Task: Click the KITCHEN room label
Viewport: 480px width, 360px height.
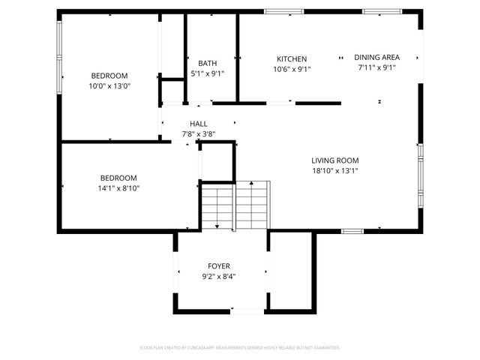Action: click(x=292, y=58)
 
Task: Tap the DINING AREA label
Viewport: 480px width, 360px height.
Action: click(x=376, y=57)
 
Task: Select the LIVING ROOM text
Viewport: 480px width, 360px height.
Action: click(x=335, y=160)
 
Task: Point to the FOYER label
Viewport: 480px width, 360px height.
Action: click(x=219, y=266)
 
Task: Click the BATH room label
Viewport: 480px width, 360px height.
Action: click(x=207, y=63)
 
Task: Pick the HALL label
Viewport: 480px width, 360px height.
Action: click(x=199, y=124)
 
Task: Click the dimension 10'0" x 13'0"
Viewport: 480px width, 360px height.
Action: click(x=109, y=85)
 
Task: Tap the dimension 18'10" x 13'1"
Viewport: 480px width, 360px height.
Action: click(x=335, y=170)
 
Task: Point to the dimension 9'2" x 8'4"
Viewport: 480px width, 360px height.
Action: click(x=219, y=277)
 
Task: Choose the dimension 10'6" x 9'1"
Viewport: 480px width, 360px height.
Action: click(x=292, y=68)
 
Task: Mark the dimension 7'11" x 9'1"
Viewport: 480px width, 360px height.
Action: click(x=376, y=67)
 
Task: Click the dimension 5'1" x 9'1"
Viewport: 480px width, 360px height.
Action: click(x=207, y=73)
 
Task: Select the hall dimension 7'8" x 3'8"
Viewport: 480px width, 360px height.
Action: click(x=199, y=134)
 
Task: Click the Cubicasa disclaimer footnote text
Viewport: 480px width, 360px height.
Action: click(x=240, y=348)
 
